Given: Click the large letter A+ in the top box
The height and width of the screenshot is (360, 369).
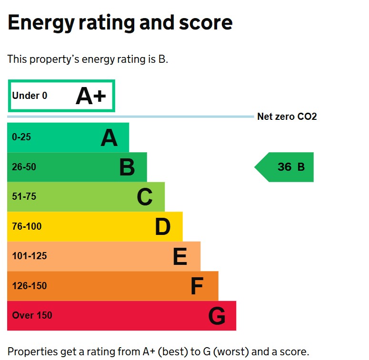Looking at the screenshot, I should point(90,96).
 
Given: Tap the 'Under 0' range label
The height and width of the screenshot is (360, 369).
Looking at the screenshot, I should point(30,96).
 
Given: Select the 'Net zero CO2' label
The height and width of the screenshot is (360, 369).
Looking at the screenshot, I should point(287,117).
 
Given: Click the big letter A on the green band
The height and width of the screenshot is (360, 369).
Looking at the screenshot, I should point(109,138).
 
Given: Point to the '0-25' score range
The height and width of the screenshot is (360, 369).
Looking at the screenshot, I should point(21,137).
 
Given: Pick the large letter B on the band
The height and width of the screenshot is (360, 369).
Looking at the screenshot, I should point(127,167).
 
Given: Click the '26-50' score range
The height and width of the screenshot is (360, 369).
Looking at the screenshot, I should point(24,167).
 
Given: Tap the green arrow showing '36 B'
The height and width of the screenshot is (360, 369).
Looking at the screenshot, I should point(285,167).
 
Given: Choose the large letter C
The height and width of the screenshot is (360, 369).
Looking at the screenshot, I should point(144,197).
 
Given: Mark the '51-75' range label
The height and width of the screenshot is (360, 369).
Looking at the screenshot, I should point(24,197).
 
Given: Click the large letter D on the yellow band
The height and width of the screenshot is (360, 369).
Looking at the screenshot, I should point(162,227).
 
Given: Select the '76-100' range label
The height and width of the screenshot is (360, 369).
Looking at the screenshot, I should point(27,227).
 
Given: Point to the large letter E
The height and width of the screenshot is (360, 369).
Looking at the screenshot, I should point(180,257).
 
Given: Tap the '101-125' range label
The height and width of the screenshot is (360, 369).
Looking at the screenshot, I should point(30,256).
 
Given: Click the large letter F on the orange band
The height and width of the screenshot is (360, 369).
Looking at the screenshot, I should point(197,287).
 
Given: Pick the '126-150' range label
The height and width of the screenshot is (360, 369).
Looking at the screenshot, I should point(30,286).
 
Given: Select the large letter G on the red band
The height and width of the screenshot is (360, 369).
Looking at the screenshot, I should point(217,316).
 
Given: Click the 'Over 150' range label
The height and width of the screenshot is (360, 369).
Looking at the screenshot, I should point(32,316).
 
